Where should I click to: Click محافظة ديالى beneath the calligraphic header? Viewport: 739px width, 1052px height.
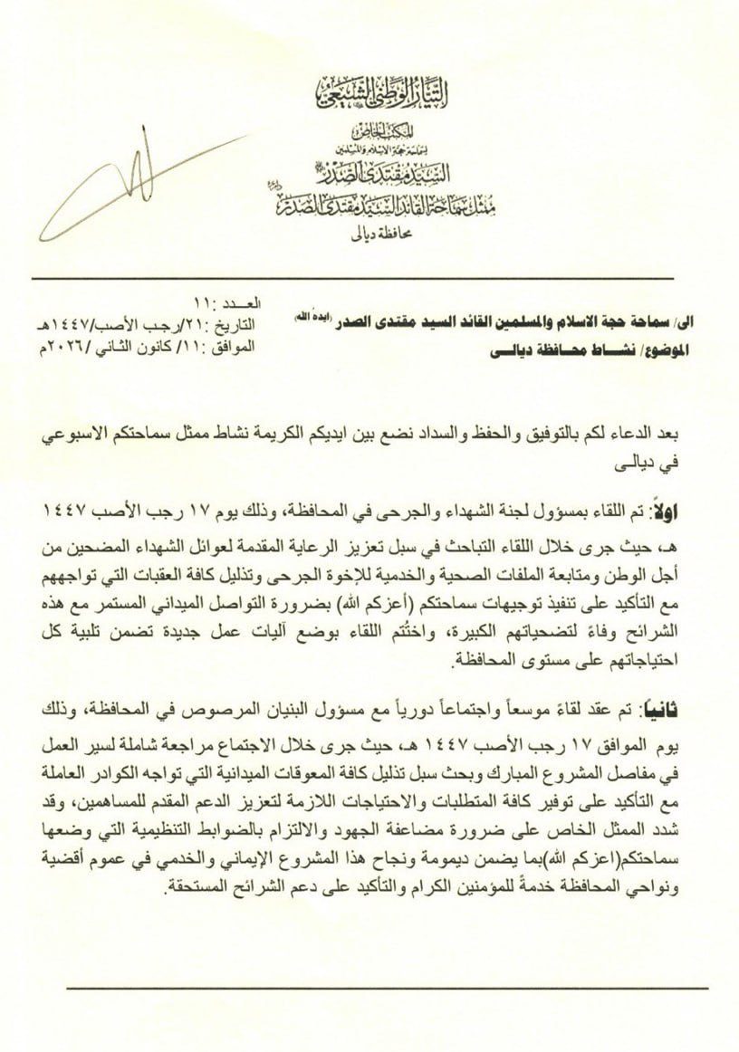370,238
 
